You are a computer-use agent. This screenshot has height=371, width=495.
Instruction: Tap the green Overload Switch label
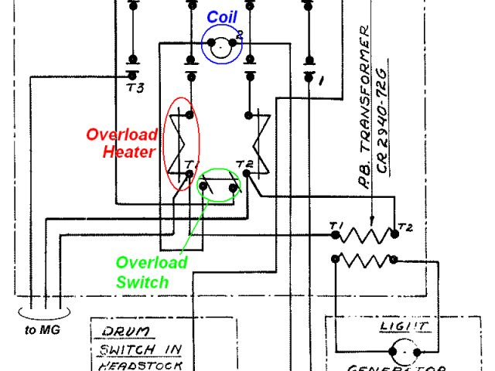pyautogui.click(x=152, y=272)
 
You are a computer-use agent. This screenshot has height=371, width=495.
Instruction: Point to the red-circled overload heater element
pyautogui.click(x=182, y=143)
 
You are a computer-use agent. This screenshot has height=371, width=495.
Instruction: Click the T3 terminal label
pyautogui.click(x=135, y=87)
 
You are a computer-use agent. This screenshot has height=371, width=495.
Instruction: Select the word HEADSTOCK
pyautogui.click(x=140, y=365)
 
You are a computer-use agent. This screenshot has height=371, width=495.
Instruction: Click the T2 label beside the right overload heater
pyautogui.click(x=244, y=164)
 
